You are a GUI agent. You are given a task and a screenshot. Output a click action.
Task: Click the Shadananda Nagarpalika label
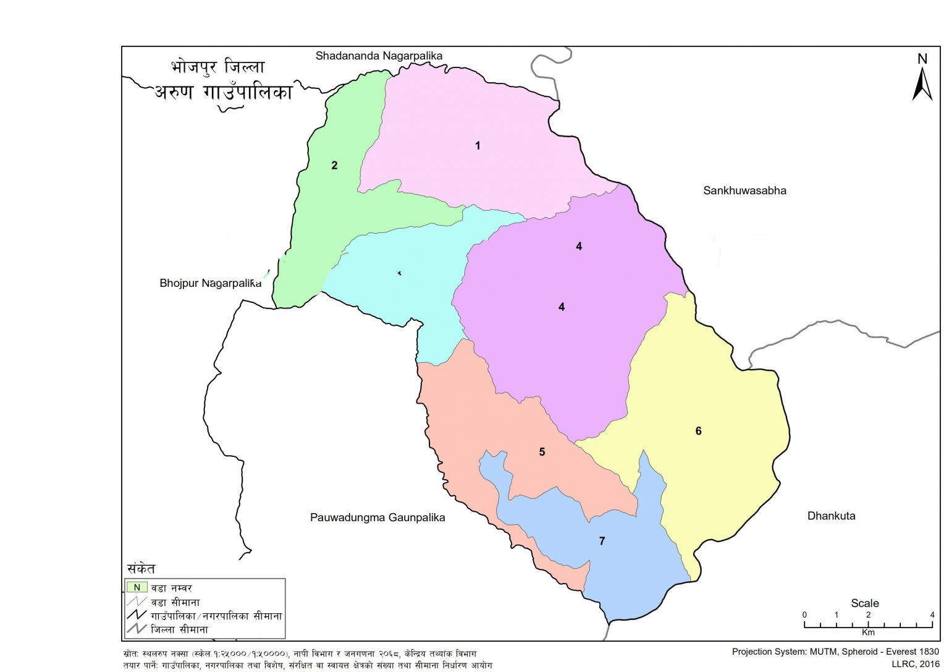pos(379,56)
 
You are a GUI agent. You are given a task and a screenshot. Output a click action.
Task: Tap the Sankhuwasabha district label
pos(744,190)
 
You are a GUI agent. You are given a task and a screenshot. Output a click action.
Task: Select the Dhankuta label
pos(831,516)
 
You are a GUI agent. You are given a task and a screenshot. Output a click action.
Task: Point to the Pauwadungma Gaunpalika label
pos(377,517)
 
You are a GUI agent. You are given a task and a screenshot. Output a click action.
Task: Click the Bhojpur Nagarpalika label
pos(210,283)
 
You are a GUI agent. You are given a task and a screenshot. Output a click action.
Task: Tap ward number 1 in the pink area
pos(478,146)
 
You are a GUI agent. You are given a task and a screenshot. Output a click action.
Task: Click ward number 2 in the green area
pos(334,165)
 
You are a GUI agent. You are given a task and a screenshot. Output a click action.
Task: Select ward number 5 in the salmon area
pos(542,452)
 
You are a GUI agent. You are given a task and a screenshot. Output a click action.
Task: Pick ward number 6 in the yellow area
pos(698,431)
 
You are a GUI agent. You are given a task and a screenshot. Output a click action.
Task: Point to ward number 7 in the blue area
pos(602,541)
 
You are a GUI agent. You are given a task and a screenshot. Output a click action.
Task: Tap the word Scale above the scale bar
pos(864,603)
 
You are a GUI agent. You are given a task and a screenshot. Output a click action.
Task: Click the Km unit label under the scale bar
pos(868,632)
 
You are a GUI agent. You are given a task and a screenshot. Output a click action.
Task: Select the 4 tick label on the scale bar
pos(932,615)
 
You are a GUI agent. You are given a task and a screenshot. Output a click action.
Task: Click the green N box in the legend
pos(137,587)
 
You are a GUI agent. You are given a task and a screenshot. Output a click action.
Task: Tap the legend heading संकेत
pos(141,569)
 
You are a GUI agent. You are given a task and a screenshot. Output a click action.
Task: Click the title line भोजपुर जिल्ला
pos(217,67)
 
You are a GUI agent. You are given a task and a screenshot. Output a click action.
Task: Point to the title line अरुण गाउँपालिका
pos(223,93)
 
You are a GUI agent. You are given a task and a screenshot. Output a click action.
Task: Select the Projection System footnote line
pos(835,652)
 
